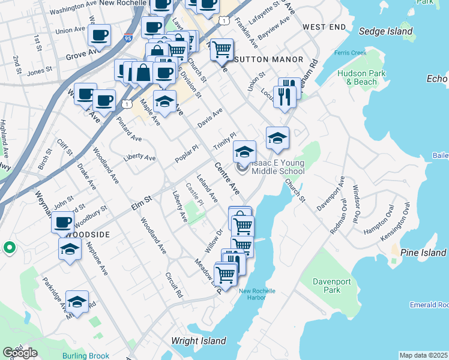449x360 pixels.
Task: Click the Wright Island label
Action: (198, 341)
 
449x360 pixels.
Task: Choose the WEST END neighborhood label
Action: (324, 27)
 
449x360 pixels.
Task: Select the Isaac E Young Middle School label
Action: (271, 167)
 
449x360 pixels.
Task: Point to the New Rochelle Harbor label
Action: (257, 295)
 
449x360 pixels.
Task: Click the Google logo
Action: (20, 353)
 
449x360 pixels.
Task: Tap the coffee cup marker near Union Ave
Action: (99, 34)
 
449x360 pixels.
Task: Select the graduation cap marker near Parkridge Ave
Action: (77, 303)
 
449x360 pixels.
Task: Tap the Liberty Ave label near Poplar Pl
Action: (139, 158)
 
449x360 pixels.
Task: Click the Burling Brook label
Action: (85, 356)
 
